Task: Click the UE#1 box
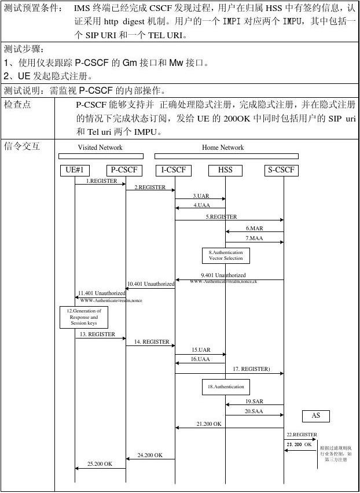pos(75,170)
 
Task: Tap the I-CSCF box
pos(174,170)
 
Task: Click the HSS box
pos(225,170)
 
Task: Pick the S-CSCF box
pos(282,170)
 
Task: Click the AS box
pos(315,415)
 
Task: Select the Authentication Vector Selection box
pos(225,255)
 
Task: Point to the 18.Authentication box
pos(225,387)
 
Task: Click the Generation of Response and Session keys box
pos(84,317)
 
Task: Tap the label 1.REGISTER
pos(101,181)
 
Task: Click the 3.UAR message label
pos(201,196)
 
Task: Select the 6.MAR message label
pos(254,229)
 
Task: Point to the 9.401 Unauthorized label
pos(223,275)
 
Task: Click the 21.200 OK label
pos(208,424)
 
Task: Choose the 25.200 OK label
pos(100,464)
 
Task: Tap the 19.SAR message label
pos(254,401)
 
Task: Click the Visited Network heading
pos(100,148)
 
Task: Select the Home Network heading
pos(223,148)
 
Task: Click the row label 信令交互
pos(22,146)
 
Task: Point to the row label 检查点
pos(18,105)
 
